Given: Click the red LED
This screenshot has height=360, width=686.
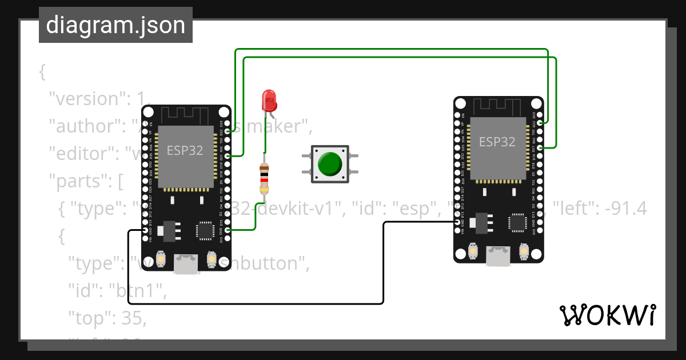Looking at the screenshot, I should (x=269, y=101).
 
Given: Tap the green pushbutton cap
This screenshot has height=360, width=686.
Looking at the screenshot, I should (x=330, y=164).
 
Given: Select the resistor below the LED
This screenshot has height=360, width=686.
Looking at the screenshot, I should (x=264, y=178).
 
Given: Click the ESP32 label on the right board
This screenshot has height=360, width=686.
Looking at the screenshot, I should (x=497, y=142).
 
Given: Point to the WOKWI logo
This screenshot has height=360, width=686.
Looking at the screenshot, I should (x=607, y=315).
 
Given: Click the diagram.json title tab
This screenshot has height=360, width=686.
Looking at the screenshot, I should (x=115, y=26).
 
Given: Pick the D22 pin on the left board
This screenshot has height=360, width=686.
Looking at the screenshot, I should (x=228, y=131).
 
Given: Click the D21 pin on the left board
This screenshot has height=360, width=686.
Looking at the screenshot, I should (x=228, y=156).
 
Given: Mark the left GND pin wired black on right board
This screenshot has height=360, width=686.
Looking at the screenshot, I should (x=457, y=222).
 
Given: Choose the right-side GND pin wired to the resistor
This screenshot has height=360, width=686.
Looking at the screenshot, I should (x=228, y=230).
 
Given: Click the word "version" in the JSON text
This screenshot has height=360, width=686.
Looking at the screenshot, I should (x=86, y=99).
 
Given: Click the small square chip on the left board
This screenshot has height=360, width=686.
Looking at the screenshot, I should (x=204, y=230).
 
